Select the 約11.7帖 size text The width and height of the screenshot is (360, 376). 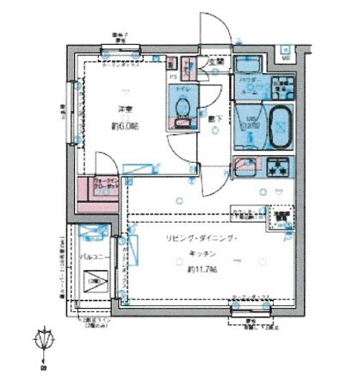tap(203, 270)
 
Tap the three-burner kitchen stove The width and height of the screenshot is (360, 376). tap(277, 169)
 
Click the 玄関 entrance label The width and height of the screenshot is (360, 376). tap(214, 62)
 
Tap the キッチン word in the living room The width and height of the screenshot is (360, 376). tap(203, 254)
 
